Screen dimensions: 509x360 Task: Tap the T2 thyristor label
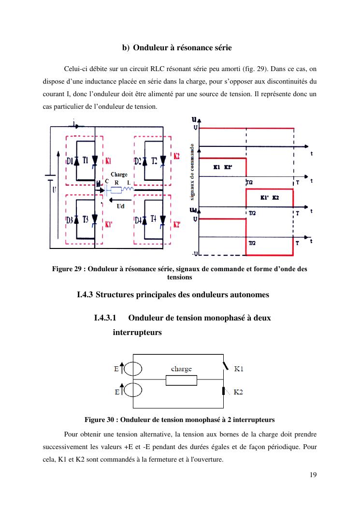click(x=155, y=160)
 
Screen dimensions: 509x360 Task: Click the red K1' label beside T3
click(x=109, y=224)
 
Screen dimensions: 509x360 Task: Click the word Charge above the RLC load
click(x=119, y=175)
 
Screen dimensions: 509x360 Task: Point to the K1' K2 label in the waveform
click(x=269, y=198)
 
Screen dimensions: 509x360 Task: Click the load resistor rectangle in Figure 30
click(x=181, y=380)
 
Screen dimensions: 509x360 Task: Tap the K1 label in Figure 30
click(x=239, y=369)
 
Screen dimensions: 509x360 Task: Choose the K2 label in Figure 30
click(x=239, y=392)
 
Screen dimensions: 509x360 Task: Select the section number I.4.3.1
click(x=106, y=318)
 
